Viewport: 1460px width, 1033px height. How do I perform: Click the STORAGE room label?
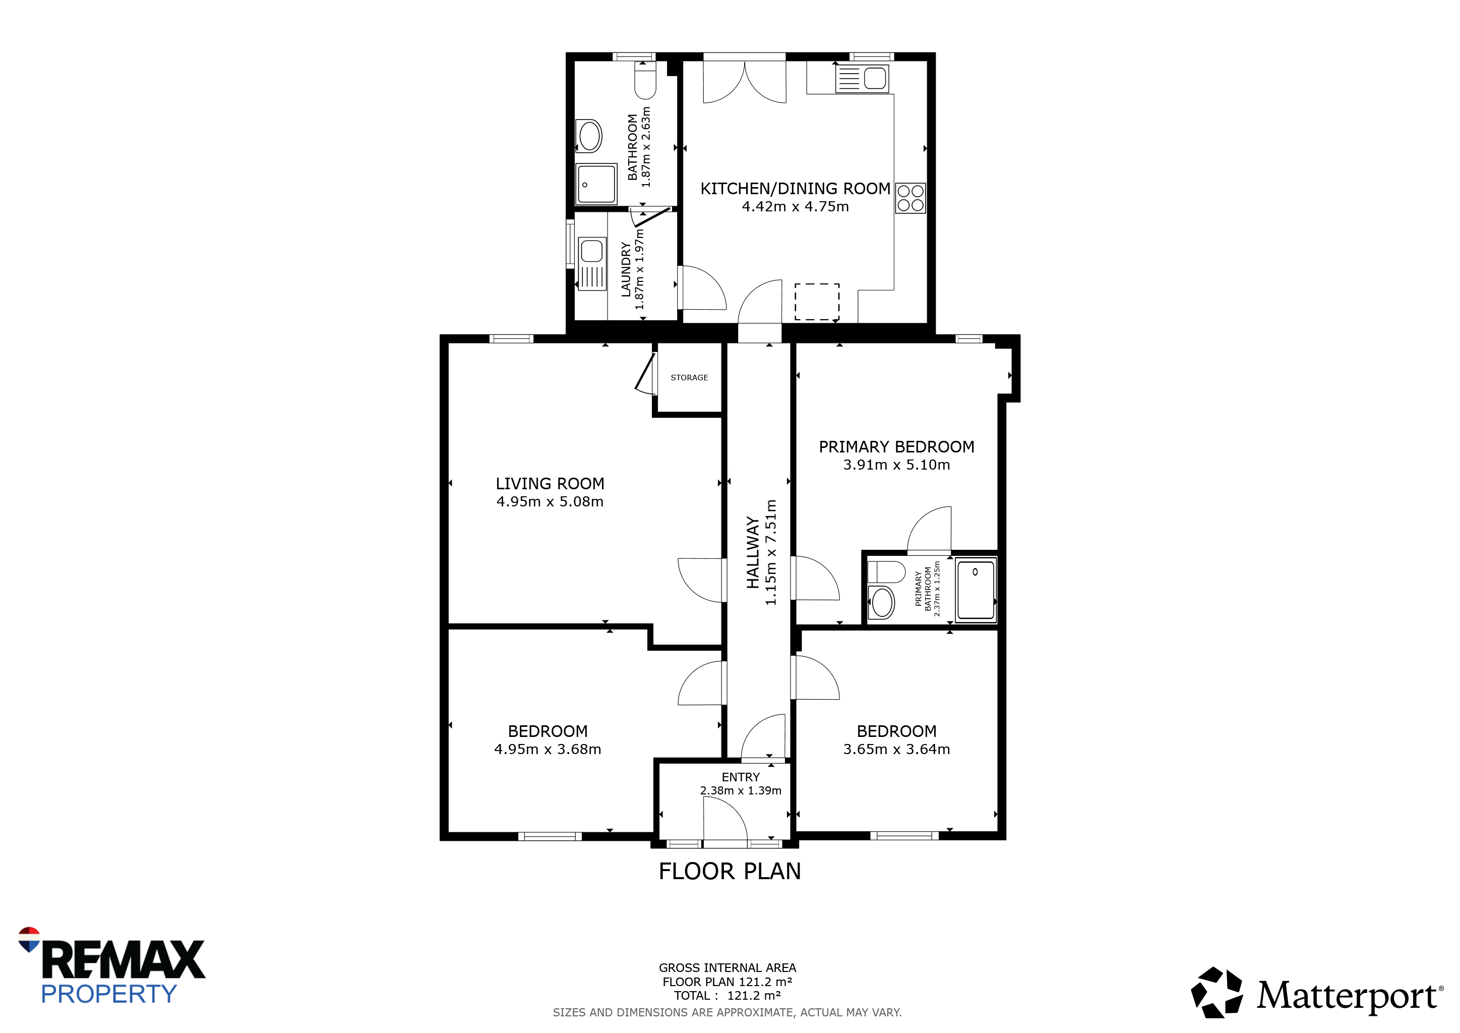(x=689, y=378)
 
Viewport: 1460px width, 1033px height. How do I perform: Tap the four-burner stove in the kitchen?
(x=910, y=198)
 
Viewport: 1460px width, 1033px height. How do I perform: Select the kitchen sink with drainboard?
(x=862, y=79)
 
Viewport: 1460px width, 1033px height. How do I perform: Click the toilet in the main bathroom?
(x=645, y=81)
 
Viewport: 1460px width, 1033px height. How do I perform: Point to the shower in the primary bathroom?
(x=976, y=589)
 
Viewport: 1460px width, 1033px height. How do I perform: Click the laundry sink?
(x=592, y=263)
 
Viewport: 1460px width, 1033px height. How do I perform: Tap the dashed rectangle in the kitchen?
(x=817, y=302)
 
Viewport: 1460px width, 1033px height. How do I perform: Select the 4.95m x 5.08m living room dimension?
(x=550, y=502)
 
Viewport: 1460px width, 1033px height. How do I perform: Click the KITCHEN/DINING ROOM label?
(x=796, y=189)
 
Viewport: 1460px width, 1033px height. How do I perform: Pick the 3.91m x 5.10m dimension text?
(x=896, y=465)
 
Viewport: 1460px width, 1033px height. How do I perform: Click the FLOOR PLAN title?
(x=730, y=872)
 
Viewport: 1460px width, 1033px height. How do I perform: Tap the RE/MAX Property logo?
(x=111, y=966)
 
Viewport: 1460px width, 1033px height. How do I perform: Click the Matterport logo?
(x=1317, y=993)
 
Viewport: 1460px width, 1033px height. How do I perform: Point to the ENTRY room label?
(x=741, y=777)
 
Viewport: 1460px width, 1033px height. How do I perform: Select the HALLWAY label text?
(x=753, y=553)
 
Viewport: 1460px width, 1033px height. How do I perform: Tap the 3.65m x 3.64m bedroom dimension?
(x=896, y=750)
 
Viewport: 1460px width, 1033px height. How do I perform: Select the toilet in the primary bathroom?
(x=886, y=572)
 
